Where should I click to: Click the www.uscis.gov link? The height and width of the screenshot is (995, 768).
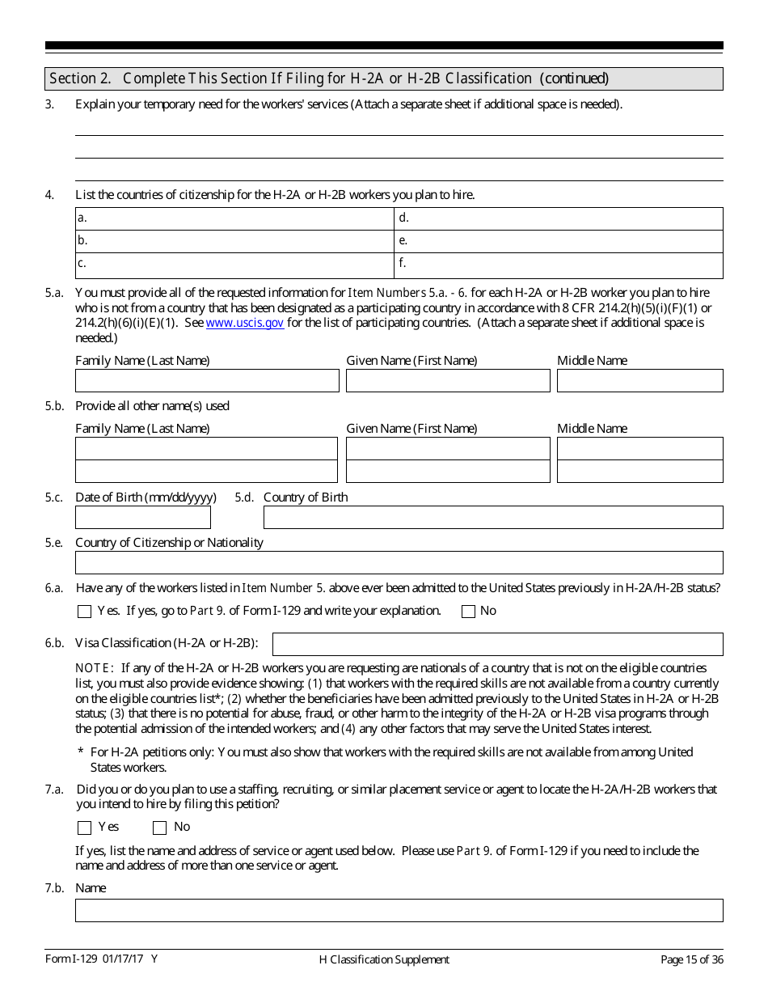pyautogui.click(x=245, y=323)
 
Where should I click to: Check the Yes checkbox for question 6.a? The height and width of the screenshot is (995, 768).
pyautogui.click(x=84, y=612)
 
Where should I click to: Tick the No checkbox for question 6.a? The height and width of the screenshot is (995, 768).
pyautogui.click(x=468, y=612)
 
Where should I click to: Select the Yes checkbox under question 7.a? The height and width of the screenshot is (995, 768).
pyautogui.click(x=84, y=828)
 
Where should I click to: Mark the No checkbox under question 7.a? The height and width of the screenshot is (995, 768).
pyautogui.click(x=159, y=828)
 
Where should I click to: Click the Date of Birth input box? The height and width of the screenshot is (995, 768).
pyautogui.click(x=143, y=517)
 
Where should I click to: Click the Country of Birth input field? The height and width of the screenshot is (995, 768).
pyautogui.click(x=493, y=517)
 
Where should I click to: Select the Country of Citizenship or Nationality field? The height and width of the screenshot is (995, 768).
pyautogui.click(x=399, y=562)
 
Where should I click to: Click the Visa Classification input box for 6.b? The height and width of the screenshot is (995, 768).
pyautogui.click(x=497, y=644)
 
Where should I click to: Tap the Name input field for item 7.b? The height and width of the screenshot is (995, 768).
pyautogui.click(x=399, y=910)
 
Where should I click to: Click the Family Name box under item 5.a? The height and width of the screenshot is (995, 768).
pyautogui.click(x=207, y=381)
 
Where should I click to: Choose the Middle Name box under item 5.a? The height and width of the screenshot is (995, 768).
pyautogui.click(x=639, y=381)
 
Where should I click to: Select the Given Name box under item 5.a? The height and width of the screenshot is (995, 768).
pyautogui.click(x=448, y=381)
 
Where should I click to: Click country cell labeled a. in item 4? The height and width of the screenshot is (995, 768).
pyautogui.click(x=235, y=218)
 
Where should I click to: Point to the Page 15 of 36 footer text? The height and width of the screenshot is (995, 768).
pyautogui.click(x=691, y=959)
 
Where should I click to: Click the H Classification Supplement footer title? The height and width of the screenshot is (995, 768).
pyautogui.click(x=384, y=959)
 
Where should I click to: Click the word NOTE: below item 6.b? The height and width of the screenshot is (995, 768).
pyautogui.click(x=94, y=668)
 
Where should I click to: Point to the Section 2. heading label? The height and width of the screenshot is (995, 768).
pyautogui.click(x=79, y=78)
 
